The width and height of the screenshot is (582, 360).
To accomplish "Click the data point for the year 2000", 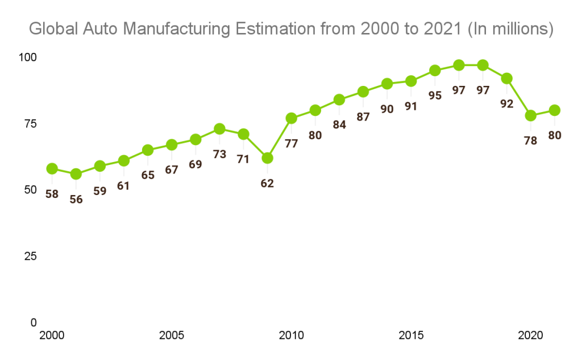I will tap(52, 168).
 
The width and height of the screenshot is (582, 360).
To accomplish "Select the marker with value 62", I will tap(267, 158).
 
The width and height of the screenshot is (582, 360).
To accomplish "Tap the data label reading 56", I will tap(76, 199).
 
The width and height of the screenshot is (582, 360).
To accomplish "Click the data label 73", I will tap(219, 154).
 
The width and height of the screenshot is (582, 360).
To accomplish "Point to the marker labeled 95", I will tap(435, 71).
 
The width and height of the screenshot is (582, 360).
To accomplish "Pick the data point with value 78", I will tap(530, 115).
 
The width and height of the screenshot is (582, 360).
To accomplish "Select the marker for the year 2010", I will tap(292, 118).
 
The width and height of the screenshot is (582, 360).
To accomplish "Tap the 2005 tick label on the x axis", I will tap(172, 336).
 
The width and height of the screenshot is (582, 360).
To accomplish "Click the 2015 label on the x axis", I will tap(411, 336).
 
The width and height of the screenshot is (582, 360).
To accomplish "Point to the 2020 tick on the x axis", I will tap(530, 336).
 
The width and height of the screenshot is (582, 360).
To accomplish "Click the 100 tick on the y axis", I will tap(28, 57).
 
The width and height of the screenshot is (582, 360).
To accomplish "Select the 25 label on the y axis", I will tap(31, 256).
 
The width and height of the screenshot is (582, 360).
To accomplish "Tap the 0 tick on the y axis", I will tap(34, 322).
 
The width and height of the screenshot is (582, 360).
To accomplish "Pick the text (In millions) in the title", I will tap(510, 29).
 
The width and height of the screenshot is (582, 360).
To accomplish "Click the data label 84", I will tap(339, 125).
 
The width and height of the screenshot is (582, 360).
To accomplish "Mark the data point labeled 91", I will tap(411, 81).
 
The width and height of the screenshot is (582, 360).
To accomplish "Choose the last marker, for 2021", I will tap(554, 110).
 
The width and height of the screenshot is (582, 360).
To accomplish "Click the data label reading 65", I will tap(148, 175).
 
